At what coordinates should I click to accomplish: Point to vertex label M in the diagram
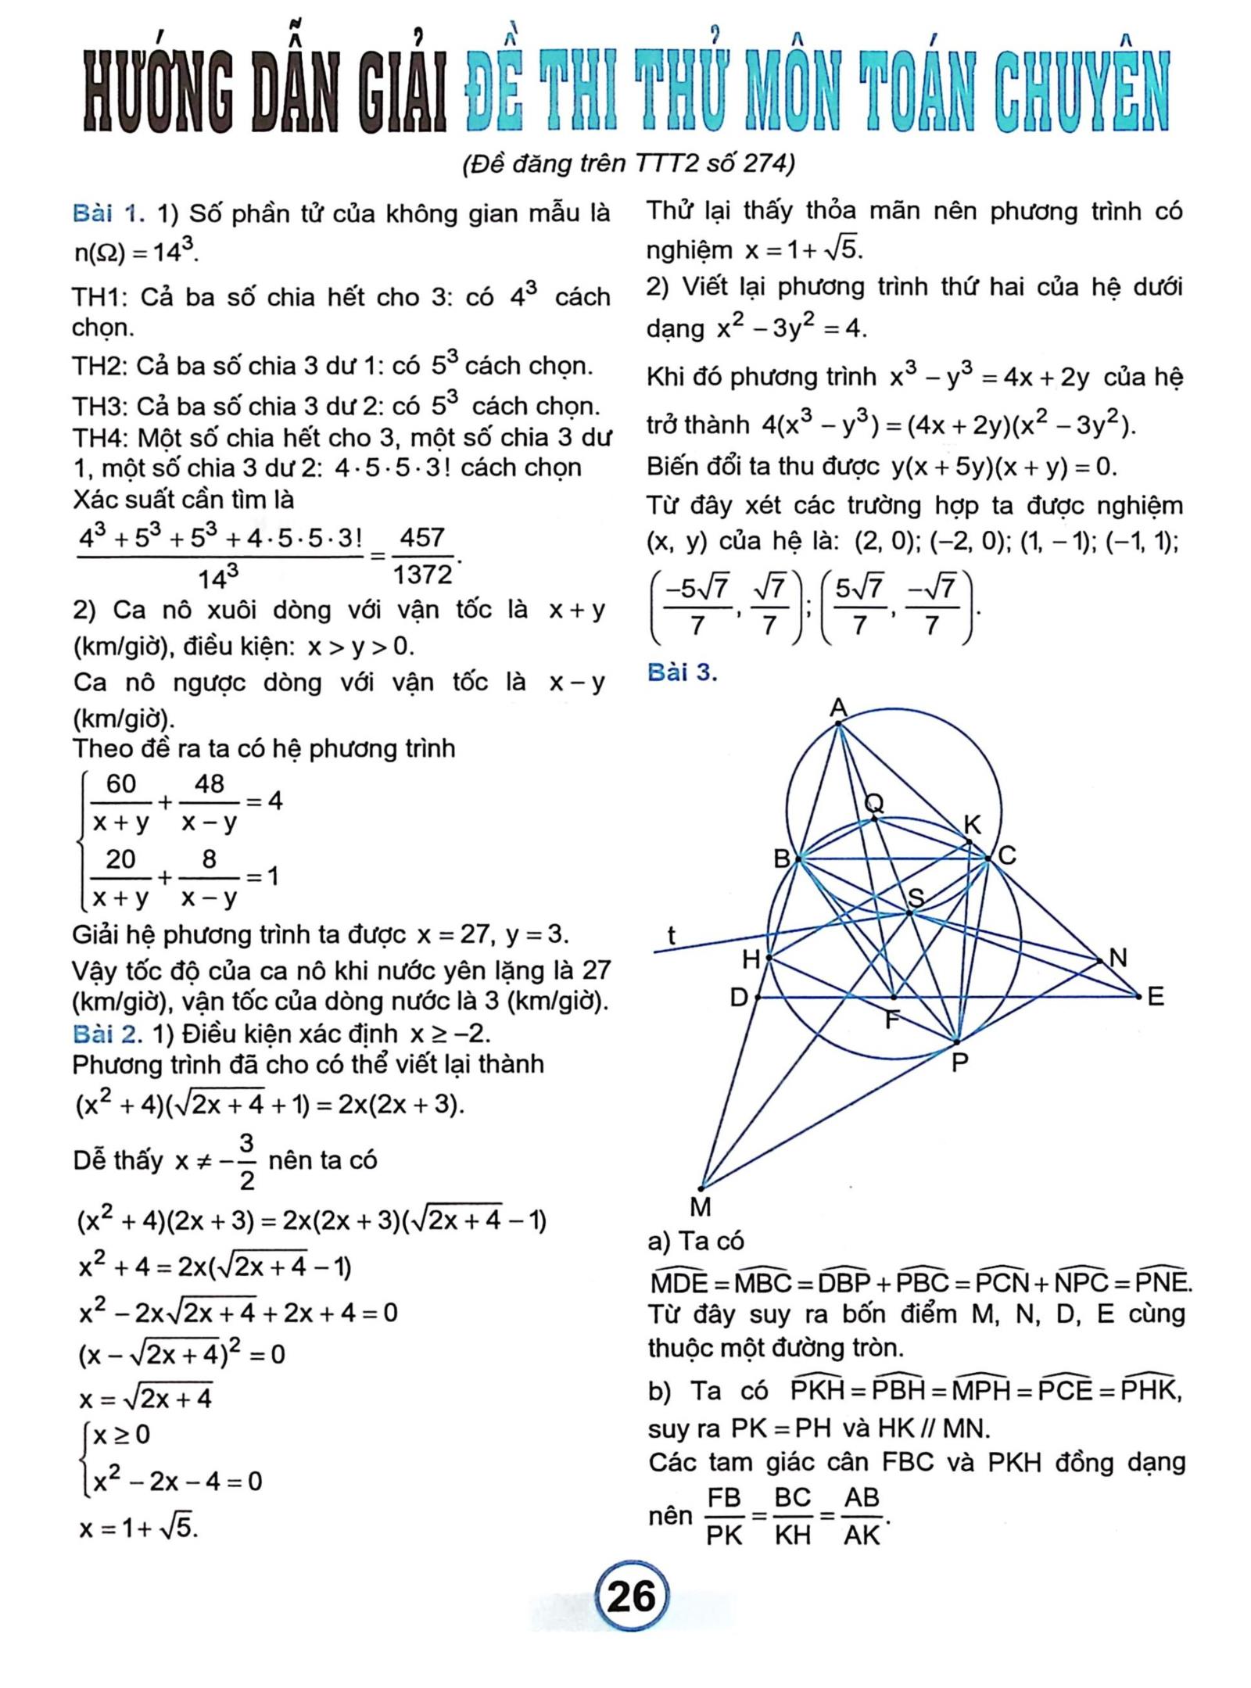pos(701,1208)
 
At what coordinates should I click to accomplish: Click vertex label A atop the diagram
pos(838,708)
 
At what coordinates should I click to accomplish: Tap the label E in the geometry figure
pos(1156,997)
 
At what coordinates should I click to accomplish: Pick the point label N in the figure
pos(1118,958)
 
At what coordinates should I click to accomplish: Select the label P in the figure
pos(960,1063)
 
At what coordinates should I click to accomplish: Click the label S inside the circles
pos(916,898)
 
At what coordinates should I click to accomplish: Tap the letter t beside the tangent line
pos(671,934)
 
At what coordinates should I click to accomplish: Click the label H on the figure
pos(751,959)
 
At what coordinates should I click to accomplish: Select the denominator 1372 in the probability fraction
pos(422,575)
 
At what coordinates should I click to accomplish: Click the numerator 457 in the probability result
pos(421,538)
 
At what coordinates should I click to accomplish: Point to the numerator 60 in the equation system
pos(120,783)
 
